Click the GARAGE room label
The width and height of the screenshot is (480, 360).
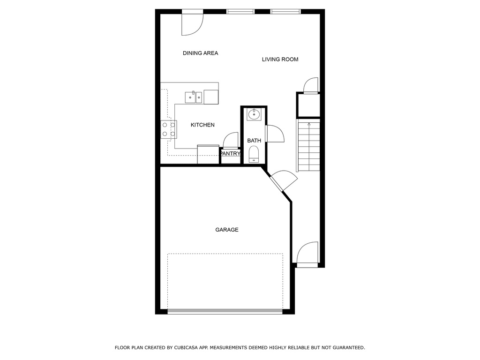226,230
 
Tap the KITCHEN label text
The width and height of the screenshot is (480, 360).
202,125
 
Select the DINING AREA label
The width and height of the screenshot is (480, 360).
200,53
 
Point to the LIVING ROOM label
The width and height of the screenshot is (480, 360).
280,60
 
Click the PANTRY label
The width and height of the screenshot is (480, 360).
230,153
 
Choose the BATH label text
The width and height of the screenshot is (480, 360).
254,141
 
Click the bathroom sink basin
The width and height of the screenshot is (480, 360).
254,114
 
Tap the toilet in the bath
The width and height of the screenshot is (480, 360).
254,154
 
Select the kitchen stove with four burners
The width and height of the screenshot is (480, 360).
169,129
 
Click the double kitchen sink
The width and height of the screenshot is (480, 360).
194,97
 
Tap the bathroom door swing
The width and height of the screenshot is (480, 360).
275,134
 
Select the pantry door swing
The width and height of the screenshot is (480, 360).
231,140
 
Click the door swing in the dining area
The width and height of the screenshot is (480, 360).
192,24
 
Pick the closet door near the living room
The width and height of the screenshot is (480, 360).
311,85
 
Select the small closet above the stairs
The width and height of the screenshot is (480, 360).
308,105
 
